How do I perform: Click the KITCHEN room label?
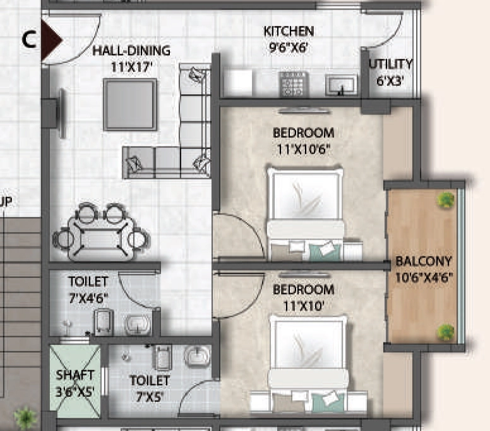coord(289,31)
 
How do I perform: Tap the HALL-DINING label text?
coord(131,51)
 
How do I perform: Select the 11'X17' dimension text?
coord(131,67)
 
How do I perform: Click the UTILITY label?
coord(391,64)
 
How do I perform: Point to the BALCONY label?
coord(424,261)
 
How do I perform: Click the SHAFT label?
coord(75,375)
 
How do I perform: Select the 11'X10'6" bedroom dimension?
coord(304,150)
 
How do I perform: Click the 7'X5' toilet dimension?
coord(150,397)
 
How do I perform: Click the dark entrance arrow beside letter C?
coord(52,40)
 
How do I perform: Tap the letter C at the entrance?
coord(29,40)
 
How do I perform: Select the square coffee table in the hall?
coord(130,104)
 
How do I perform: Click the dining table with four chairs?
coord(101,232)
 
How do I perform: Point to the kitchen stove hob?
coord(294,84)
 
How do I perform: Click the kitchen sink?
coord(341,85)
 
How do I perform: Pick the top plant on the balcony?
coord(446,200)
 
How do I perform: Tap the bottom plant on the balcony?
coord(445,332)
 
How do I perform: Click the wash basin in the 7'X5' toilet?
coord(197,356)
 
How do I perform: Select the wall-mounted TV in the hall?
coord(62,113)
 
